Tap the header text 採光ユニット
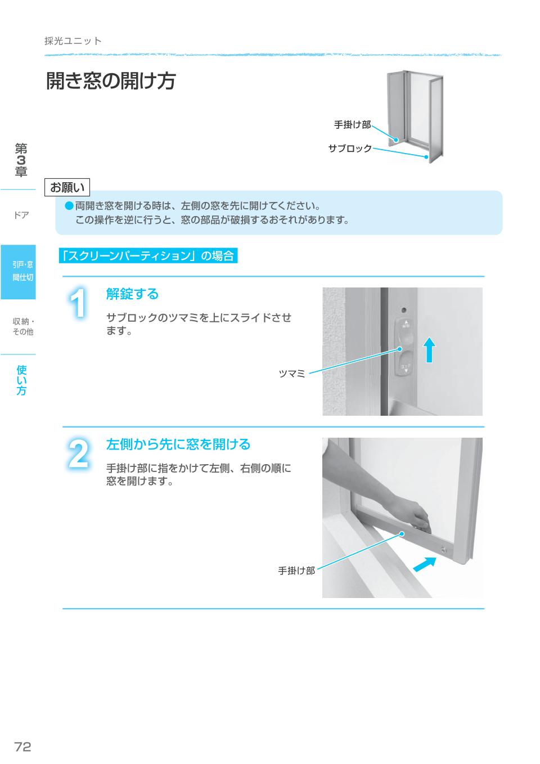coord(73,41)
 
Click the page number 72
coord(22,747)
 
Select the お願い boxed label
coord(67,187)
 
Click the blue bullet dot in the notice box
coord(69,206)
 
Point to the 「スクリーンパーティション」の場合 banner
coord(148,256)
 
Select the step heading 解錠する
coord(133,294)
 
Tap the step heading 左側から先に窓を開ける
coord(178,444)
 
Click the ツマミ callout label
coord(292,374)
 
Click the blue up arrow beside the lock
coord(429,349)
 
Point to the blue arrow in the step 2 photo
coord(425,564)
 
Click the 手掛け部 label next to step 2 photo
coord(296,570)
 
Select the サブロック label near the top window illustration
coord(350,149)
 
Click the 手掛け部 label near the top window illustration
coord(352,124)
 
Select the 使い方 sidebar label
coord(21,380)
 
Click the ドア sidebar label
coord(21,215)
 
